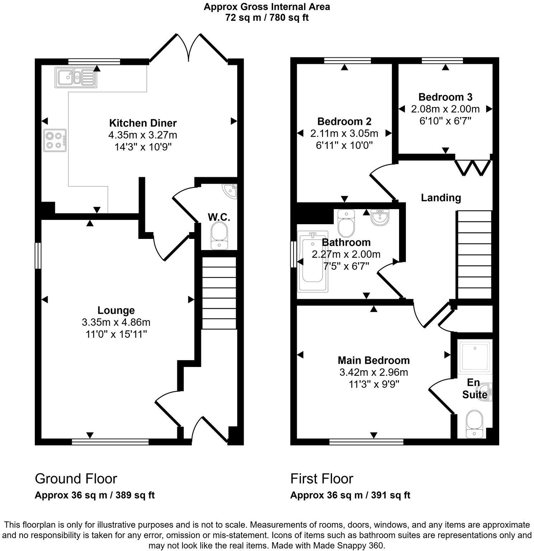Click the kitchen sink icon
pos(75,77)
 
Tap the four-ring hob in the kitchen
pos(55,140)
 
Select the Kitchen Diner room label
pos(142,123)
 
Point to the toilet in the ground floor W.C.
pos(219,235)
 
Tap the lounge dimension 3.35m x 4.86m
pos(116,322)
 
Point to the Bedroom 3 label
pos(445,97)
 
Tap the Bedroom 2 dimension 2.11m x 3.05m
pos(344,133)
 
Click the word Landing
pos(441,198)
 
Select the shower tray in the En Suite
pos(474,357)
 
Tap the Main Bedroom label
pos(374,360)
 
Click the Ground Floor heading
pos(76,479)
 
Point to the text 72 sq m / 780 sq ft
pos(267,17)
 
